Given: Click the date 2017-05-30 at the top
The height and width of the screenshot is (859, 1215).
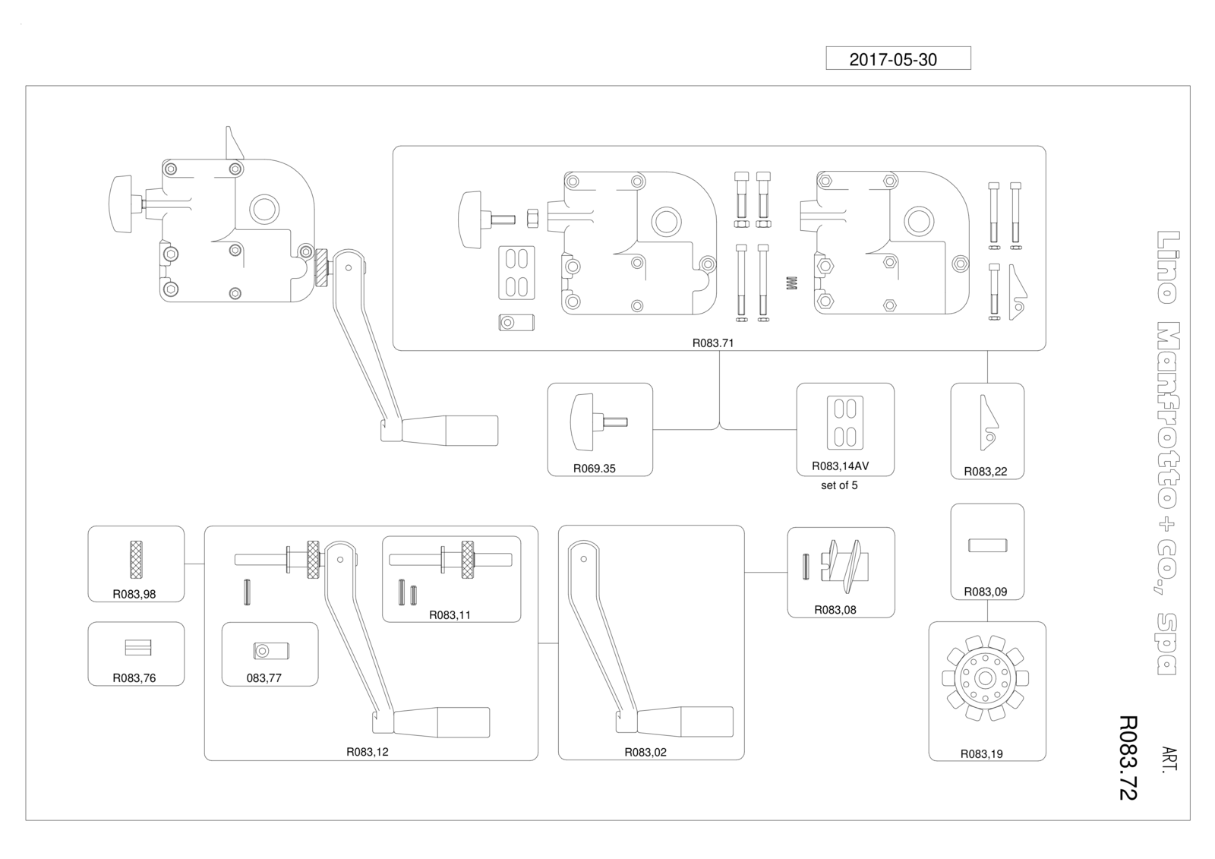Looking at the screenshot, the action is point(893,60).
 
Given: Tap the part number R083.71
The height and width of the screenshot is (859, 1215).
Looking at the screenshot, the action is point(713,343).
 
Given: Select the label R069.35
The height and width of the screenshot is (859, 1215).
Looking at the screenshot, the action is point(595,469).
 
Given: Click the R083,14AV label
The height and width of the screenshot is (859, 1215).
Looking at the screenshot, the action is point(840,466).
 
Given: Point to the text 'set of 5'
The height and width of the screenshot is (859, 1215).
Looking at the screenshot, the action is point(839,485).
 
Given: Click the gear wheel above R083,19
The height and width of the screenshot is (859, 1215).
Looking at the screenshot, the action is point(985,678).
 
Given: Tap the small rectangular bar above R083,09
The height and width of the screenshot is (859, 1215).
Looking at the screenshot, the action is point(988,545).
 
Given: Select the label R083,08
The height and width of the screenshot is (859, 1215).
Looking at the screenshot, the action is point(835,610).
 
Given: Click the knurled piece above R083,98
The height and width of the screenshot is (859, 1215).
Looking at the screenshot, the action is point(136,560).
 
